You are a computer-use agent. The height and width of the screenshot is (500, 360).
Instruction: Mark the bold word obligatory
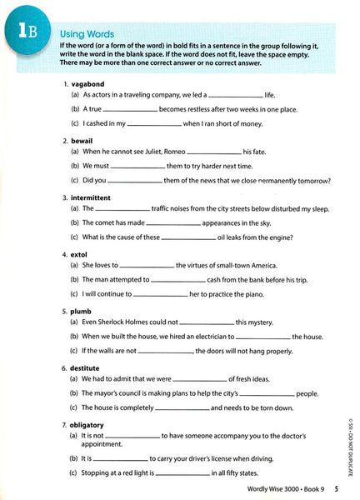(x=88, y=423)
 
